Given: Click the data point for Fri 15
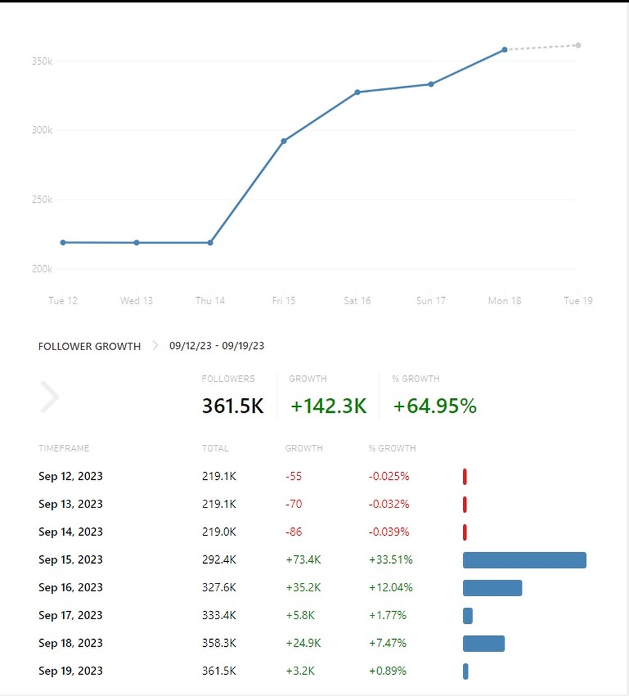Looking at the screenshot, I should pyautogui.click(x=284, y=141).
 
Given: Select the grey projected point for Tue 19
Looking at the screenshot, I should pyautogui.click(x=578, y=45).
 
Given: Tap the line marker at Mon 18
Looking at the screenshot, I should pyautogui.click(x=504, y=49).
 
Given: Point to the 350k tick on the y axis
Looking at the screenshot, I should pyautogui.click(x=42, y=61).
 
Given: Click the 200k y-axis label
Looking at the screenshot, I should pyautogui.click(x=42, y=269).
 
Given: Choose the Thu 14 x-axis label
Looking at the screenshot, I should pyautogui.click(x=210, y=300).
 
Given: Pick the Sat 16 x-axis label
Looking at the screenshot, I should pyautogui.click(x=357, y=300).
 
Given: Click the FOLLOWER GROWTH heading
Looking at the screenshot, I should pyautogui.click(x=89, y=346).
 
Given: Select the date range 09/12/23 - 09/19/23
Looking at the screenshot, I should pyautogui.click(x=217, y=346).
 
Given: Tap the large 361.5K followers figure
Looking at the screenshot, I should pyautogui.click(x=233, y=406).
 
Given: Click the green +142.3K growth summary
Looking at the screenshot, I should pyautogui.click(x=329, y=406).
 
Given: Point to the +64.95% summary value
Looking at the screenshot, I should pyautogui.click(x=435, y=406).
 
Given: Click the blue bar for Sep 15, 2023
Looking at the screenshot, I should pyautogui.click(x=524, y=560).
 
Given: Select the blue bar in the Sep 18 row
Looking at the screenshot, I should pyautogui.click(x=483, y=644).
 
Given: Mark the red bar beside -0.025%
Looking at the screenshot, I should pyautogui.click(x=465, y=477).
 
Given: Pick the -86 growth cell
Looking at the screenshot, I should pyautogui.click(x=293, y=532).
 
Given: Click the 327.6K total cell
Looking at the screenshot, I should pyautogui.click(x=219, y=587).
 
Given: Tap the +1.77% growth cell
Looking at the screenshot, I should pyautogui.click(x=387, y=615).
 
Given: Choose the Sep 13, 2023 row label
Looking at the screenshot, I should pyautogui.click(x=70, y=504).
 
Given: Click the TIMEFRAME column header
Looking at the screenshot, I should pyautogui.click(x=64, y=448).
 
